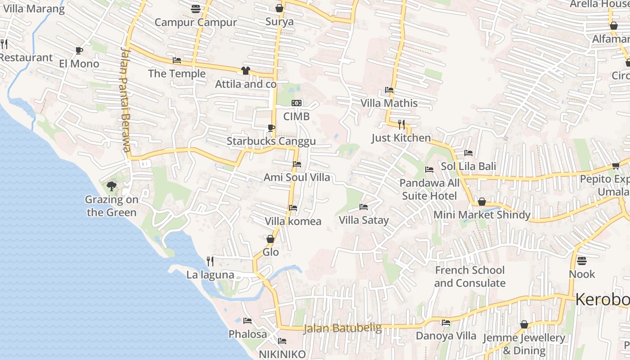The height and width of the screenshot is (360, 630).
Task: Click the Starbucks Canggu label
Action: click(x=271, y=141)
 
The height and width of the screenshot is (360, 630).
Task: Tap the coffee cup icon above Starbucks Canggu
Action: click(x=271, y=128)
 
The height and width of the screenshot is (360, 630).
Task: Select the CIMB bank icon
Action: click(x=296, y=103)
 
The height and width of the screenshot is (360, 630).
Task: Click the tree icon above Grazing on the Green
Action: click(x=112, y=186)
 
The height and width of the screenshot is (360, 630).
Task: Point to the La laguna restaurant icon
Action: click(x=210, y=261)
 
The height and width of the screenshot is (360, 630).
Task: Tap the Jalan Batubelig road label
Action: click(x=342, y=328)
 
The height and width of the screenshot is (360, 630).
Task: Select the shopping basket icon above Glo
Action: click(x=270, y=239)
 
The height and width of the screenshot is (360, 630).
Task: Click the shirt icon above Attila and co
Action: click(x=245, y=70)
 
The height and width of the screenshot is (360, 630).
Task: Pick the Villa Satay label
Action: click(x=364, y=220)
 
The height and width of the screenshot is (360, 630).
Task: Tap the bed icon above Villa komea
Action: click(x=293, y=208)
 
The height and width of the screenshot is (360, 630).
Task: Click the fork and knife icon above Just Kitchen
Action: click(x=401, y=124)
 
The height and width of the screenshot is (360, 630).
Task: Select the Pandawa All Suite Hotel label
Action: click(x=429, y=189)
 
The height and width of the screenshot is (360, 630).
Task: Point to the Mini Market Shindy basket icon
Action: click(x=481, y=202)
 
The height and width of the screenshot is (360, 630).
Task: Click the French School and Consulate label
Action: click(x=470, y=277)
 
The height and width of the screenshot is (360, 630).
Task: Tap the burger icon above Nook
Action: click(x=582, y=261)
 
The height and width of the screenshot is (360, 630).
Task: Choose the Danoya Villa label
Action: click(x=445, y=336)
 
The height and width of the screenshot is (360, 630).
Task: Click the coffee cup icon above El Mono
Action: click(x=79, y=50)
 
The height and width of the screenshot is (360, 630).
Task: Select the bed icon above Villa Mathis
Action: click(x=389, y=90)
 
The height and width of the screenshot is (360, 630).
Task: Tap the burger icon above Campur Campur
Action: click(x=195, y=9)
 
